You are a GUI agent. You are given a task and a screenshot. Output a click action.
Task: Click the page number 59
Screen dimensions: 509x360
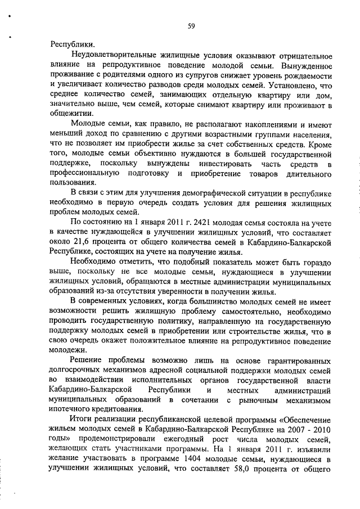point(192,25)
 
